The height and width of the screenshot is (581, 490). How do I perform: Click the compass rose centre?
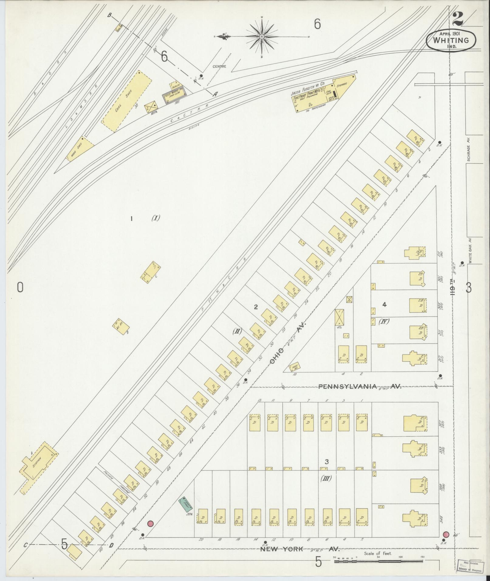click(x=262, y=37)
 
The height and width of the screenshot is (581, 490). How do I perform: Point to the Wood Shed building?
click(x=80, y=149)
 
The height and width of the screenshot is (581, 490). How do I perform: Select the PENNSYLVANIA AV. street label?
click(x=360, y=387)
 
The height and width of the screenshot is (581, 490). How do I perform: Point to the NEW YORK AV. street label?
click(x=299, y=549)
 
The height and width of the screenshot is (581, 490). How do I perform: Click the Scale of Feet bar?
click(x=378, y=561)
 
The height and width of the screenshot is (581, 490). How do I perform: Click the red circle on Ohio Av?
click(x=150, y=523)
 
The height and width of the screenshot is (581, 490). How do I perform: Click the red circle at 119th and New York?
click(x=446, y=534)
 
